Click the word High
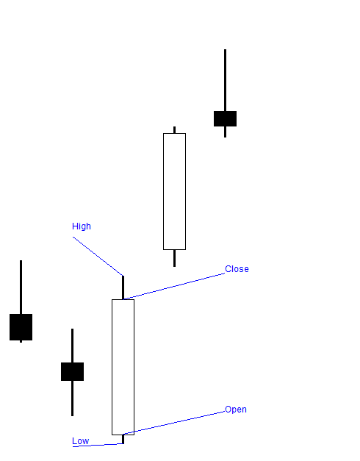pos(82,226)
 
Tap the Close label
pos(237,269)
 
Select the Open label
pos(236,410)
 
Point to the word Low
pos(80,441)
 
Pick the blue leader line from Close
pos(176,286)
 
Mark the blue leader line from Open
pos(176,422)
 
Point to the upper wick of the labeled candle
pos(123,287)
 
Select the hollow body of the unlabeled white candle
pos(174,191)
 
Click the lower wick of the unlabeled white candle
pos(174,257)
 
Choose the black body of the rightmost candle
pos(225,118)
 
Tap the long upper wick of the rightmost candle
pos(225,80)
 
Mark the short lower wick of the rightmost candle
pos(225,132)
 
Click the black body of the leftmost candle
pos(21,326)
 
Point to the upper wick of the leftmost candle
pos(21,287)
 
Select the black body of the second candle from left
pos(72,371)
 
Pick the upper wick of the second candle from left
pos(72,346)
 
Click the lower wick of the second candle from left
pos(72,398)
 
